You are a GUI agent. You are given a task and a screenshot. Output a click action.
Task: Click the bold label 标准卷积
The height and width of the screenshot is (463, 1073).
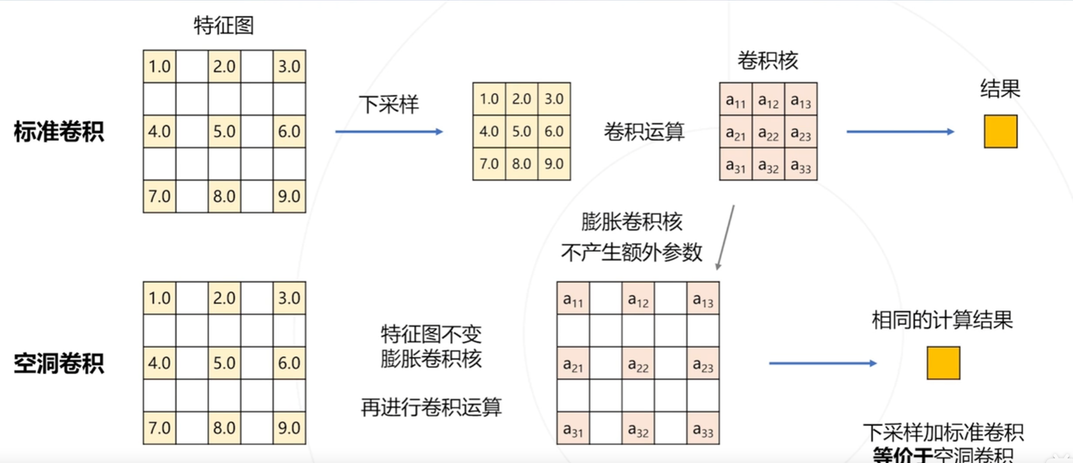tap(58, 132)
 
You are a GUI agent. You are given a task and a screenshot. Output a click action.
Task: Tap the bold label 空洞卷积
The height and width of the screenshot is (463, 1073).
tap(58, 364)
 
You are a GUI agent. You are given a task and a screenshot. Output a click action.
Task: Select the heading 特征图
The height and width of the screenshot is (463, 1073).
tap(224, 26)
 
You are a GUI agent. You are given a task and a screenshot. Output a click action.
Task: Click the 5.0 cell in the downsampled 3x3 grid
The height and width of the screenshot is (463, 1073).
tap(521, 131)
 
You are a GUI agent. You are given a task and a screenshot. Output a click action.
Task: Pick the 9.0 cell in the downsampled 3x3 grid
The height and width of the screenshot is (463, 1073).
tap(554, 164)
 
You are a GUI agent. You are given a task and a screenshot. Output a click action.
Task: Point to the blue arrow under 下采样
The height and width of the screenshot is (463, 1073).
tap(389, 132)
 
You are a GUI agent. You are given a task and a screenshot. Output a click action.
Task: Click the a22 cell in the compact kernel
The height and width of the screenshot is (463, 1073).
tap(768, 134)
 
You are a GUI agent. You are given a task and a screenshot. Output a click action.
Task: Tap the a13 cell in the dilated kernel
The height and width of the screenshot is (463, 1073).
tap(702, 299)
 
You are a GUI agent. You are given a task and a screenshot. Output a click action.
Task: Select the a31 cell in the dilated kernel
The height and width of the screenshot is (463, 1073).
tap(573, 430)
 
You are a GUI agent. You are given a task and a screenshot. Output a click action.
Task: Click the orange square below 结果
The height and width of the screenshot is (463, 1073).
tap(1000, 132)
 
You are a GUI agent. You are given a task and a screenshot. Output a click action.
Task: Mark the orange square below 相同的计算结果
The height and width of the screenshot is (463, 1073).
tap(943, 363)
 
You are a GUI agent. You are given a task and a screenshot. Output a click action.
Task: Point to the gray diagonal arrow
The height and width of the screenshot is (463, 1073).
tap(725, 237)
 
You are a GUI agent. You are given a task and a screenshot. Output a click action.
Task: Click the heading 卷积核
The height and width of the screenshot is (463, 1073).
tap(767, 61)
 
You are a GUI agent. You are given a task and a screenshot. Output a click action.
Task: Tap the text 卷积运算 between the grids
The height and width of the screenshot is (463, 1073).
tap(644, 132)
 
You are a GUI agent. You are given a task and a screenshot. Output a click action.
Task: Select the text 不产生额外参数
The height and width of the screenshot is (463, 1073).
tap(631, 253)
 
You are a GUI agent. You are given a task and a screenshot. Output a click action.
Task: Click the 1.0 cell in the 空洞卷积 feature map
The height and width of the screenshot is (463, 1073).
tap(160, 298)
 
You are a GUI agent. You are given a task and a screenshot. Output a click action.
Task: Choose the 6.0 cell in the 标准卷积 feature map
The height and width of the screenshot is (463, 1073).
tap(289, 132)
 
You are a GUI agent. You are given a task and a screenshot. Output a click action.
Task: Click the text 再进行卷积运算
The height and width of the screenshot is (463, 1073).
tap(431, 407)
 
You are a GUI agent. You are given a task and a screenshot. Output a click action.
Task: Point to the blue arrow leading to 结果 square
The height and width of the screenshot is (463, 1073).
tap(900, 132)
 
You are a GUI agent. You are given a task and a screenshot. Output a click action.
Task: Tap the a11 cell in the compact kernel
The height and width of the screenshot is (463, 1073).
tap(735, 101)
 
